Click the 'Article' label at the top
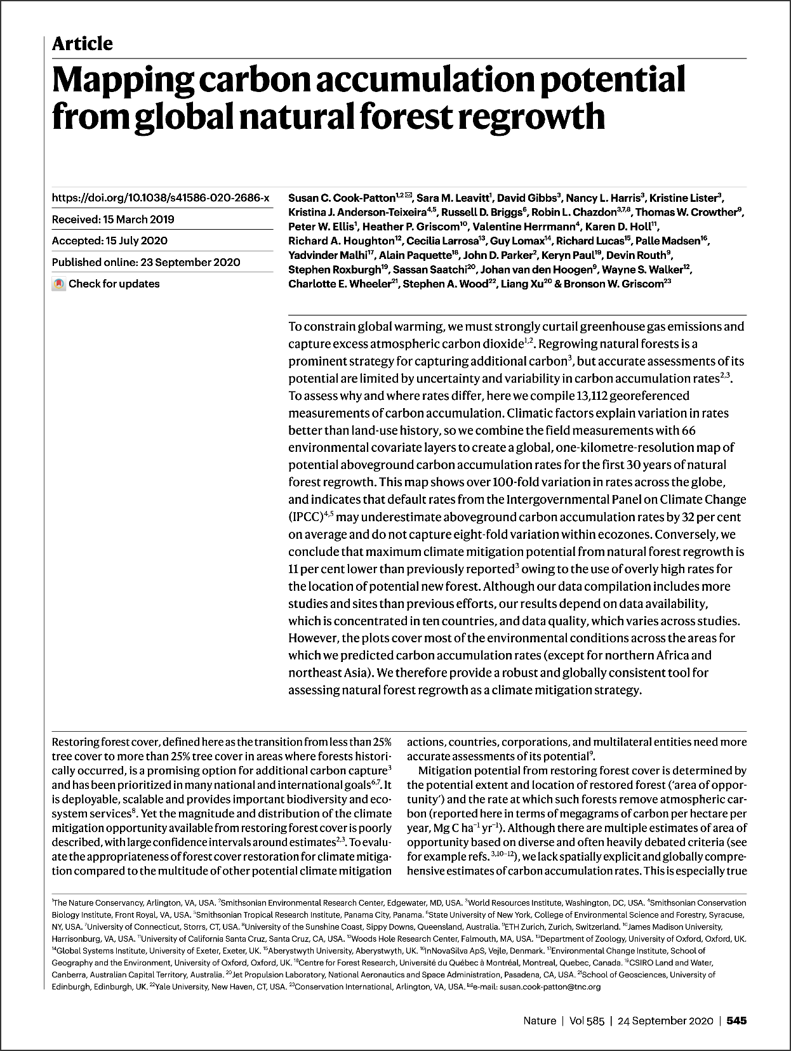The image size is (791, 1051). tap(83, 44)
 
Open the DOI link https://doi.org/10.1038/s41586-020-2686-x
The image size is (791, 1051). tap(160, 198)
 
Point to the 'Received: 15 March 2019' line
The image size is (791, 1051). tap(113, 220)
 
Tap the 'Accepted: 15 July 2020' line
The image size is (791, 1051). tap(109, 241)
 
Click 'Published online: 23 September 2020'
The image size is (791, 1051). tap(146, 262)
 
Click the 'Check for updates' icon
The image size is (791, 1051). tap(59, 284)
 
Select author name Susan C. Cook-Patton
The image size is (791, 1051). tap(342, 198)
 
